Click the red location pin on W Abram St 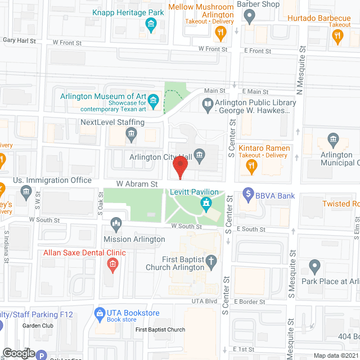179,167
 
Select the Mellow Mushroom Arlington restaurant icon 220,33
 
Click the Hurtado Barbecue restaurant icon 337,37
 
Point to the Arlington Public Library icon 208,103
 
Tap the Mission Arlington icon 117,224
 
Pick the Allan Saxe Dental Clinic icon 112,264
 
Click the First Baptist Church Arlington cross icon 211,261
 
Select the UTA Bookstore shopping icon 99,313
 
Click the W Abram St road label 136,183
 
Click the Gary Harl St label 19,40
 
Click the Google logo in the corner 18,353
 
